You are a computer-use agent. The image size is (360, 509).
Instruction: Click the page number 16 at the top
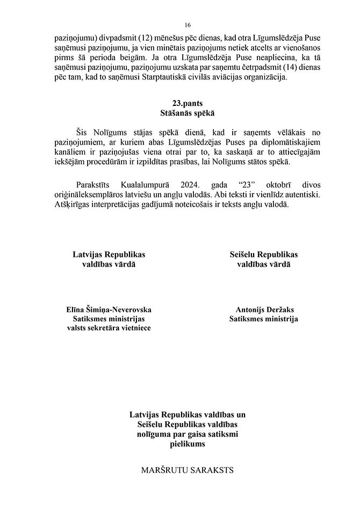coord(188,25)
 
